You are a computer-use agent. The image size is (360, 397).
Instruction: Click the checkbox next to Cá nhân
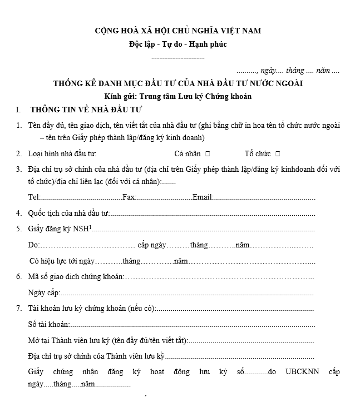[208, 153]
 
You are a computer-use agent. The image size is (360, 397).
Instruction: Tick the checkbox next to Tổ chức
[278, 153]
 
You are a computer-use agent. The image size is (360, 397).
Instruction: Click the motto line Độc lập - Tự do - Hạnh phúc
[177, 44]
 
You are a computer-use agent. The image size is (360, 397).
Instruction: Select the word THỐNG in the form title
[70, 84]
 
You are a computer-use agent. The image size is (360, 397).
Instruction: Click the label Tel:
[33, 197]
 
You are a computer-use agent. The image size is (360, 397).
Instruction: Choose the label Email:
[203, 197]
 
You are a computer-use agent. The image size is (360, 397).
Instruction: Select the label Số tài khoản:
[48, 324]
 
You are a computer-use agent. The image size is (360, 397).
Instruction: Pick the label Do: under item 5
[33, 245]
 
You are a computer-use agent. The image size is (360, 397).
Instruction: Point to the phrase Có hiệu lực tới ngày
[61, 261]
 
